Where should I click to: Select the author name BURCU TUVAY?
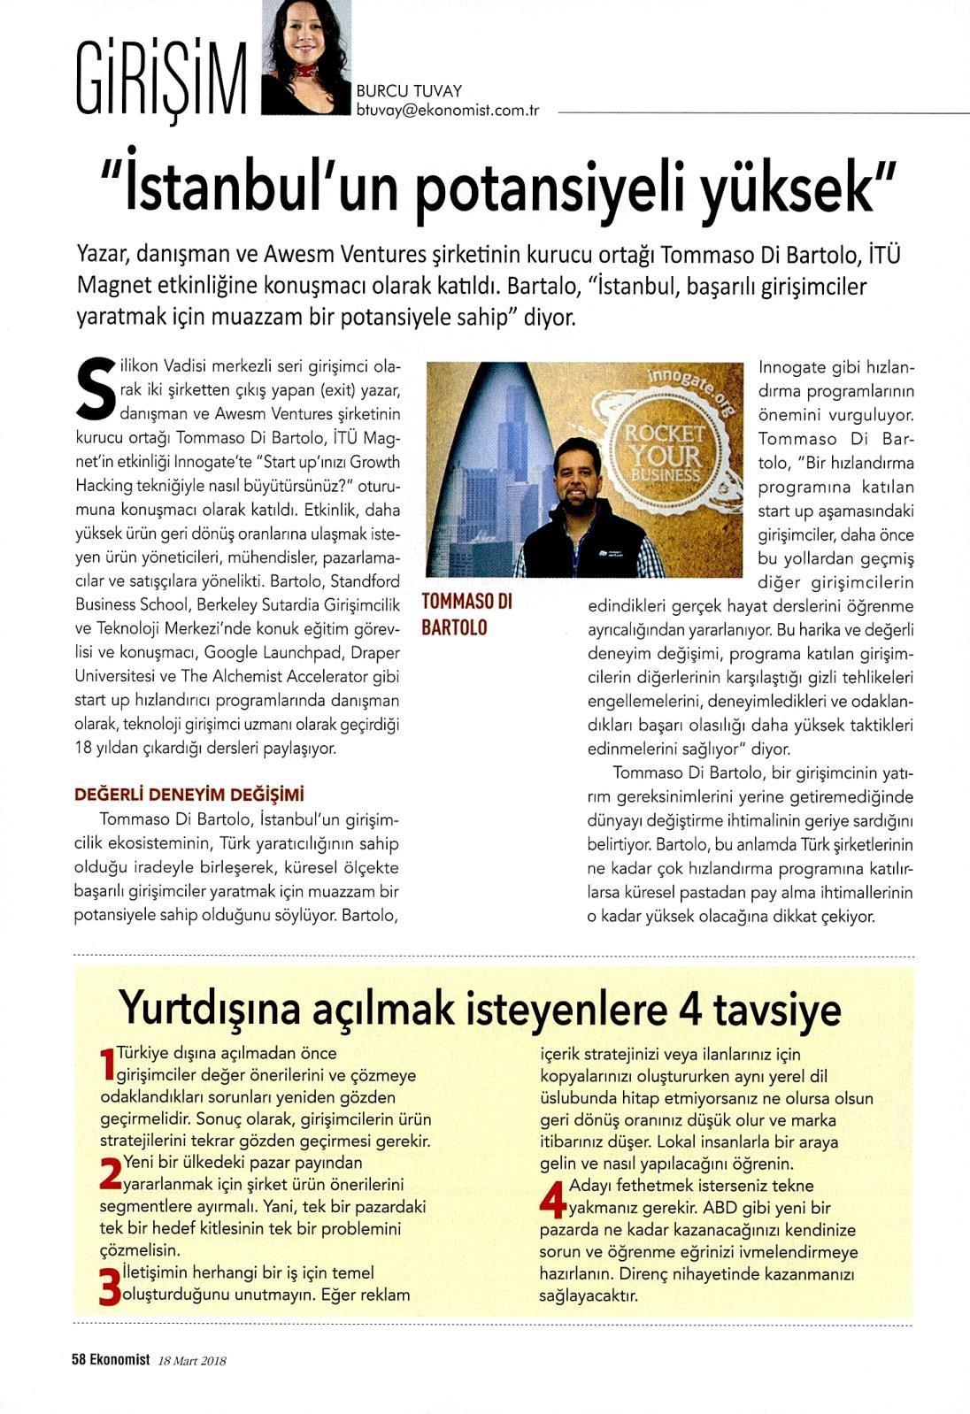[x=409, y=90]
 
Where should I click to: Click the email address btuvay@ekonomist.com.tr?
[x=448, y=111]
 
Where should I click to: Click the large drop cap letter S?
[x=96, y=388]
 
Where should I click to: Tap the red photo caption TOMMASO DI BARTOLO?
[x=466, y=614]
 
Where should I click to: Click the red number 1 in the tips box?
[x=108, y=1064]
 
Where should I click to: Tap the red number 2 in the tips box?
[x=110, y=1173]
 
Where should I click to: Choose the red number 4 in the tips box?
[x=552, y=1197]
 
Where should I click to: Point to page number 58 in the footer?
[x=79, y=1361]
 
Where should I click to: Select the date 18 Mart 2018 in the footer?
[x=192, y=1361]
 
